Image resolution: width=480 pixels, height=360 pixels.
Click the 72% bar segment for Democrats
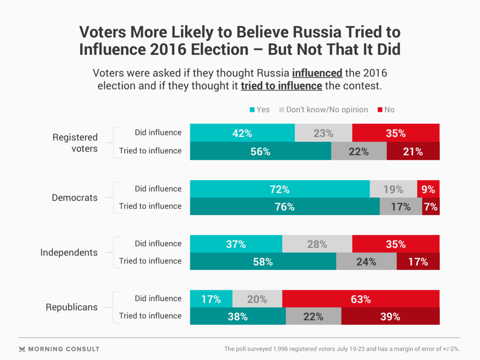coord(280,189)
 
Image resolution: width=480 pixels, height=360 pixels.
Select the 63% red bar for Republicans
coord(361,299)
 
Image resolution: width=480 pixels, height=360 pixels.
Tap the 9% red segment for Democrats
coord(428,189)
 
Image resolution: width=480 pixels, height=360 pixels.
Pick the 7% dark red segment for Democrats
coord(431,207)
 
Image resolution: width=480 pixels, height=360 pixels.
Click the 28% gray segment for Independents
coord(317,244)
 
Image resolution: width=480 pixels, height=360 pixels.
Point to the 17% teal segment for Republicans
coord(211,299)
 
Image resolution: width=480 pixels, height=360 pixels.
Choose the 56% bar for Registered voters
coord(260,152)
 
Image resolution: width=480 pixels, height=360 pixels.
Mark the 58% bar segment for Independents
coord(263,262)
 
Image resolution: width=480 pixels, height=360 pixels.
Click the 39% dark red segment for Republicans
coord(390,316)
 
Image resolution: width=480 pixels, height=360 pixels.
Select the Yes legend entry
coord(260,110)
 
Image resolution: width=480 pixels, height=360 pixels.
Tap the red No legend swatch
coord(380,110)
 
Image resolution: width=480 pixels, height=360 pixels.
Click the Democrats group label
coord(75,198)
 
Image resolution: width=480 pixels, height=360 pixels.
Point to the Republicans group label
coord(72,307)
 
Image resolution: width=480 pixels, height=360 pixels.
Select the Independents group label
coord(69,252)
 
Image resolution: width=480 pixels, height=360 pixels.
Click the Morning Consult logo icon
coord(22,349)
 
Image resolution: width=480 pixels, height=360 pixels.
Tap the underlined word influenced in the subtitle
coord(317,74)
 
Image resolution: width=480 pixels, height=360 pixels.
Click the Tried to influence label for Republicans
coord(150,316)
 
